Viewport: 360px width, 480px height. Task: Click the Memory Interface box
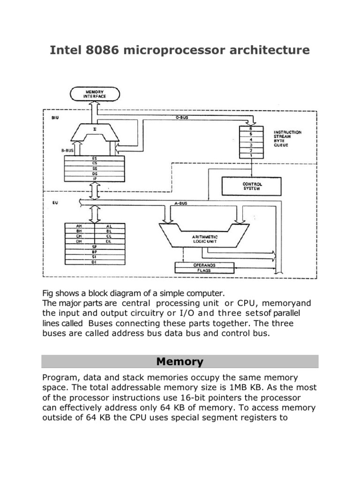95,93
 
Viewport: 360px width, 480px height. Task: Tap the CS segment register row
95,163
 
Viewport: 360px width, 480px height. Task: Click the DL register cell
109,241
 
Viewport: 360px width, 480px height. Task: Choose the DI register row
94,262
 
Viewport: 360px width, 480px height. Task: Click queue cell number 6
252,128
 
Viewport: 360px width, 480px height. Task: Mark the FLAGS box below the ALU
204,270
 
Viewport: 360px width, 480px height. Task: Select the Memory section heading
180,362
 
